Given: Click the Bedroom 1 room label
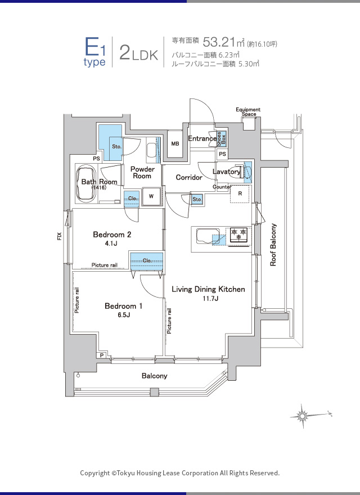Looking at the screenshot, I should (x=123, y=306).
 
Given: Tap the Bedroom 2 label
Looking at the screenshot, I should (x=112, y=235).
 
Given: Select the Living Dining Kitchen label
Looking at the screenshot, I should (x=208, y=289).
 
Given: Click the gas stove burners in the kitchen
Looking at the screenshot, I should (x=238, y=233).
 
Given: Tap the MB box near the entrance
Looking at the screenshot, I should (x=175, y=144).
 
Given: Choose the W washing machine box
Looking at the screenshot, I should (x=151, y=196).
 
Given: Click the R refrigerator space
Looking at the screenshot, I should (x=240, y=194).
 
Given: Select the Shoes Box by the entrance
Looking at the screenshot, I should (x=222, y=138).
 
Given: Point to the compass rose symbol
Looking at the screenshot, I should (x=303, y=416).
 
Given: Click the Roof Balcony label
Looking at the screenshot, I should (x=273, y=245).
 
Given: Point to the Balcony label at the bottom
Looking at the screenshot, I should (x=154, y=376).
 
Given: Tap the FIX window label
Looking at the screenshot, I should (x=60, y=237).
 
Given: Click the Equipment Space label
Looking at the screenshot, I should (x=248, y=111).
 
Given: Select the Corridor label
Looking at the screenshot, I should (x=189, y=177).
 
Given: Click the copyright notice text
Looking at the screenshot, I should (x=179, y=473).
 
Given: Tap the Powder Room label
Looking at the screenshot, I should (x=142, y=172).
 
